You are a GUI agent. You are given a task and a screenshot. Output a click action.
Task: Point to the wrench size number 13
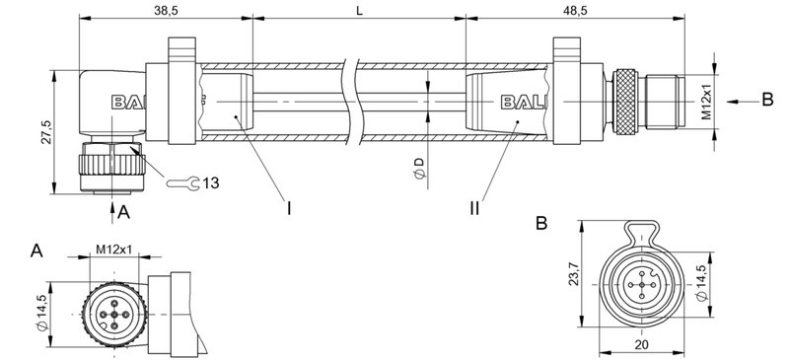click(211, 182)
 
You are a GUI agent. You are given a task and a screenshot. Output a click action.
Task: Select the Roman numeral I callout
click(289, 208)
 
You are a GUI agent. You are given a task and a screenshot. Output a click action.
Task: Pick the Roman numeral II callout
click(474, 208)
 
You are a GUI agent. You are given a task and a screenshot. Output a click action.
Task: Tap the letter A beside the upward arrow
click(123, 211)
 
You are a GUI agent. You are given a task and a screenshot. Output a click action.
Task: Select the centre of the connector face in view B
click(642, 285)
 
